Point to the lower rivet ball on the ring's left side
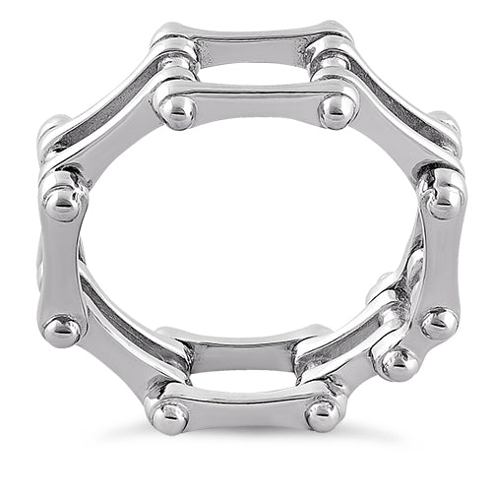tap(63, 329)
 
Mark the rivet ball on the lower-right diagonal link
tap(398, 361)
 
